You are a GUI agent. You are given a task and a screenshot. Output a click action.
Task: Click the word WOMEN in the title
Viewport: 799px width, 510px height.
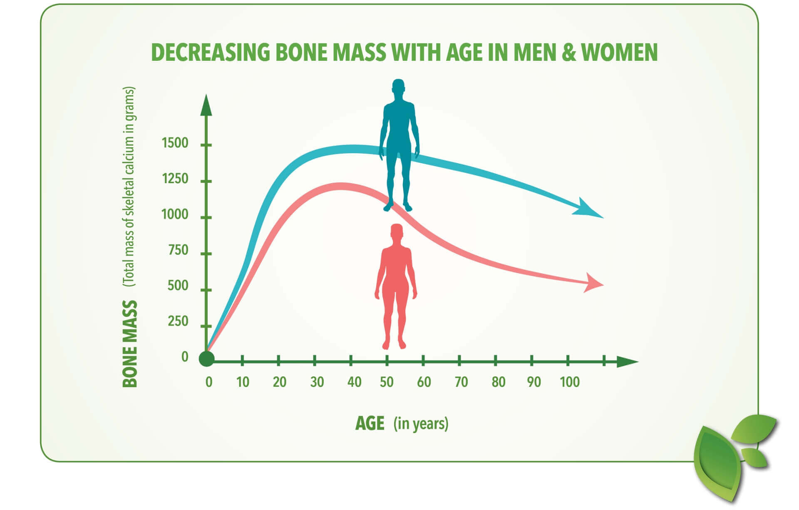[x=619, y=52]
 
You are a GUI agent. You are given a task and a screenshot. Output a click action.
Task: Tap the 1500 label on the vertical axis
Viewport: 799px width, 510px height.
[x=175, y=143]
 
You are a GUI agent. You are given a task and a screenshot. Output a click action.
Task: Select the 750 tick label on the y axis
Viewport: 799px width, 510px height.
[x=178, y=250]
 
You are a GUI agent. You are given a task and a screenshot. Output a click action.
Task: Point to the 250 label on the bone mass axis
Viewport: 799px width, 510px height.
[x=178, y=321]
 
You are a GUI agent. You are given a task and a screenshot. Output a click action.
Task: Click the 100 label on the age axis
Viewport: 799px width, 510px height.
[x=570, y=382]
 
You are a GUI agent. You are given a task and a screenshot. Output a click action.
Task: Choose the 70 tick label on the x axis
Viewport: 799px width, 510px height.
[x=461, y=382]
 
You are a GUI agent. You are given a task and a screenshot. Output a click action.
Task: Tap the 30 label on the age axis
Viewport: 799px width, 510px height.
[x=317, y=382]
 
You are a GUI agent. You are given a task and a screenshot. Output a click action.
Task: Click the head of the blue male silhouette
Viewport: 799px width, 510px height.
[x=398, y=87]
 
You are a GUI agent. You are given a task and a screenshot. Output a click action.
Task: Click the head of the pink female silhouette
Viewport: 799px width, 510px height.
[x=397, y=232]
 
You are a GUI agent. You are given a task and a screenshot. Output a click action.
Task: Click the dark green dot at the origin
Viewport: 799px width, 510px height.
[x=206, y=359]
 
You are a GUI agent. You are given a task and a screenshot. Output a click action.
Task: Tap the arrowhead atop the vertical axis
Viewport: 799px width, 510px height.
[x=206, y=105]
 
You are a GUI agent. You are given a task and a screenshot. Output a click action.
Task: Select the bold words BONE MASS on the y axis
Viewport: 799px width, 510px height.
[x=130, y=344]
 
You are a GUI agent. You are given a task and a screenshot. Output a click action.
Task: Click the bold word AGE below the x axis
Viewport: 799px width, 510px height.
[x=370, y=423]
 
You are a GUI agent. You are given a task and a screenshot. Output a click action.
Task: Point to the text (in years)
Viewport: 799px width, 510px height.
[x=421, y=424]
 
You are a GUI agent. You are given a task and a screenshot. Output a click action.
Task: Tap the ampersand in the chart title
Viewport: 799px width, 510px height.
[x=568, y=52]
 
